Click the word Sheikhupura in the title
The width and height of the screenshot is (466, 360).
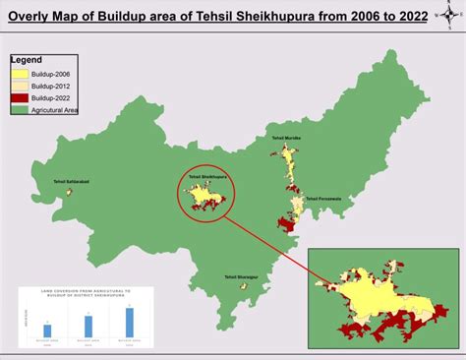277,17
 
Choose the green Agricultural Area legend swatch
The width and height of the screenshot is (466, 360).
21,109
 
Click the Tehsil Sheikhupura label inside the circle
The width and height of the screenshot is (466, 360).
204,178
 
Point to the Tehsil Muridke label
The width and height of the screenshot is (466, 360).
286,140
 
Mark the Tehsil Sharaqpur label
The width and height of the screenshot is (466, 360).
240,276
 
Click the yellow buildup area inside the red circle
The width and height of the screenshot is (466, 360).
204,193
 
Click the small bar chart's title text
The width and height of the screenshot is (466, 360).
86,295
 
